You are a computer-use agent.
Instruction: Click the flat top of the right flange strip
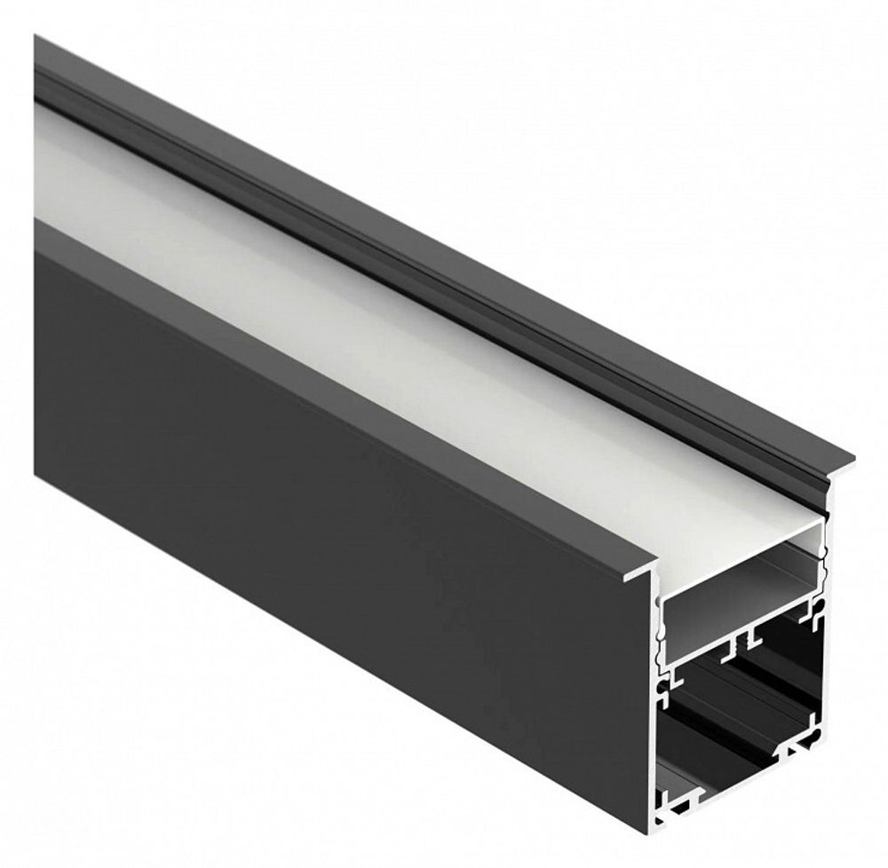click(533, 293)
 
